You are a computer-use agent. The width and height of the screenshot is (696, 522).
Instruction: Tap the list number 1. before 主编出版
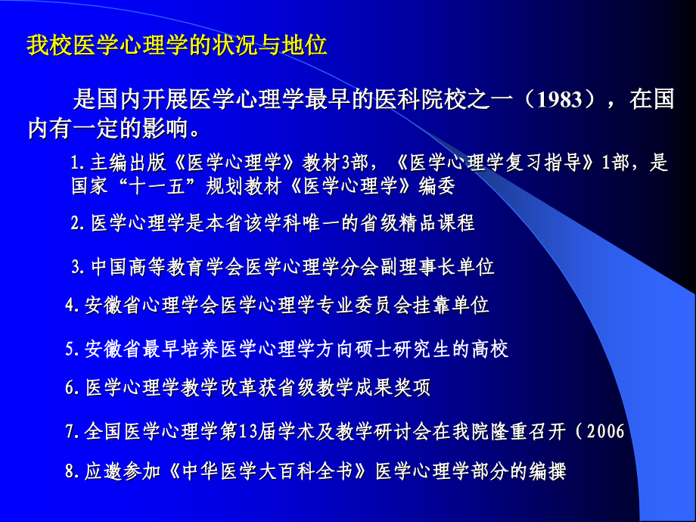coord(76,163)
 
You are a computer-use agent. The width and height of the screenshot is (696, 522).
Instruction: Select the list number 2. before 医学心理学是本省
coord(77,222)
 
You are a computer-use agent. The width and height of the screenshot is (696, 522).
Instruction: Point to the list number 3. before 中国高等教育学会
coord(77,266)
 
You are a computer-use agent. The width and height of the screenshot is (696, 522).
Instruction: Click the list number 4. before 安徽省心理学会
coord(72,305)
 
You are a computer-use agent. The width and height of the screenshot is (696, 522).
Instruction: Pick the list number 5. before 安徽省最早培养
coord(72,349)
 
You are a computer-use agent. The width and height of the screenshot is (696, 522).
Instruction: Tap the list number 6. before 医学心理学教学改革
coord(72,388)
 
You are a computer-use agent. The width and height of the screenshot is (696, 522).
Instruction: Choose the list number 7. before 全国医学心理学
coord(72,431)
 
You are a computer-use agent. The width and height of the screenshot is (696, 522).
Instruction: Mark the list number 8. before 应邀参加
coord(72,471)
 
